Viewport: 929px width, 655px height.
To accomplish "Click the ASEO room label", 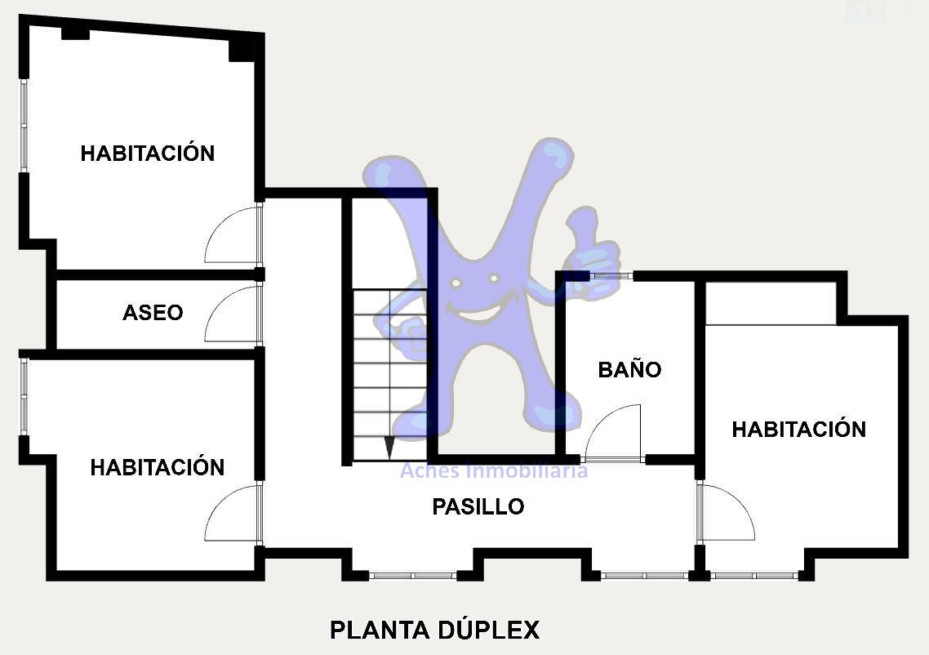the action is pyautogui.click(x=153, y=312).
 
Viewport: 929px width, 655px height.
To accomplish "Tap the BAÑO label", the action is pyautogui.click(x=629, y=368).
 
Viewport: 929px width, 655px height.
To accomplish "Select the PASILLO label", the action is pyautogui.click(x=478, y=506).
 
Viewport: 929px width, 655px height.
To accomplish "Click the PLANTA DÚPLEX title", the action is pyautogui.click(x=435, y=630).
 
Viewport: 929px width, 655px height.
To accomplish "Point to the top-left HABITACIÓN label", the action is pyautogui.click(x=148, y=153).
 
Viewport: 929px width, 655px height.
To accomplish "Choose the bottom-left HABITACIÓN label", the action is pyautogui.click(x=158, y=467).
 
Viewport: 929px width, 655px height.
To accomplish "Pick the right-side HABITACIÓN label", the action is pyautogui.click(x=799, y=429).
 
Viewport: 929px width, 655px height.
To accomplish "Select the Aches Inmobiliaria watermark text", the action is pyautogui.click(x=494, y=470).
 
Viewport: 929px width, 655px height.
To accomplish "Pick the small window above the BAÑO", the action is pyautogui.click(x=611, y=275).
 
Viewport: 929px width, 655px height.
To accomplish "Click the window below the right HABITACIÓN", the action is pyautogui.click(x=754, y=575).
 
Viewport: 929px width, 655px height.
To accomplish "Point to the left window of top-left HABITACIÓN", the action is pyautogui.click(x=24, y=126).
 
